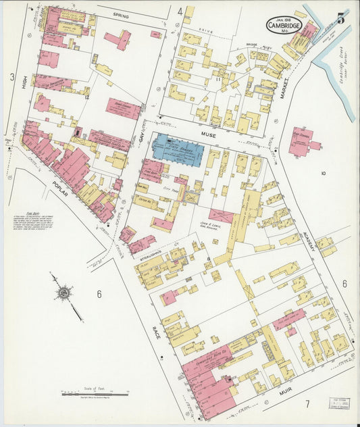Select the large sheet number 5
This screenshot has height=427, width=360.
click(341, 19)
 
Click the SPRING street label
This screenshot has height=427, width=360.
click(121, 15)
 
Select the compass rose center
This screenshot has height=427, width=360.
click(64, 293)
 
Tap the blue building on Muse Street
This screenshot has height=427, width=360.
click(176, 149)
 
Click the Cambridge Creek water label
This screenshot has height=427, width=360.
click(340, 72)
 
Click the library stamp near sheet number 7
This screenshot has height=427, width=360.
click(340, 403)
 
